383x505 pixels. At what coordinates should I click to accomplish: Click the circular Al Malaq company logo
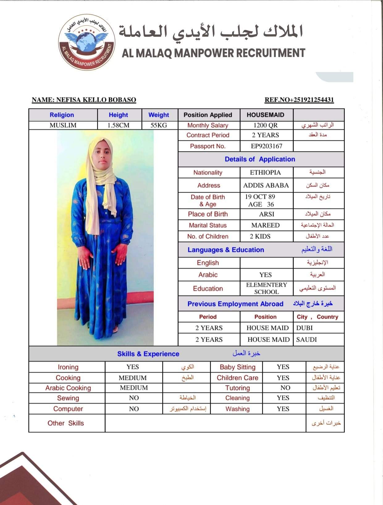(87, 42)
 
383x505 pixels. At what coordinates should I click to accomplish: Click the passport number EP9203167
(266, 146)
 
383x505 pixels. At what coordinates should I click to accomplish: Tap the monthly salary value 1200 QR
(265, 125)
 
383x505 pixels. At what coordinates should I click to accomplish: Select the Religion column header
(62, 115)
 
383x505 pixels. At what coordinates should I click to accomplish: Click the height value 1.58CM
(118, 125)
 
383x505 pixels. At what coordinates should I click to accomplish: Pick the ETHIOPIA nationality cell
(265, 172)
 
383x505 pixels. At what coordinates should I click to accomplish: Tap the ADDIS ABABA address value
(266, 185)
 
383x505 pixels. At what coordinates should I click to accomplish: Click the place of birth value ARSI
(267, 214)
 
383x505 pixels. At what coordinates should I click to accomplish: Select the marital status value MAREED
(265, 225)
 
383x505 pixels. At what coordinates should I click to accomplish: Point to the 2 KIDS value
(260, 236)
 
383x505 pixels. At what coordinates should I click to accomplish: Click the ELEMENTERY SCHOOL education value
(267, 288)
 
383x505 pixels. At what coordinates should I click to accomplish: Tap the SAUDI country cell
(306, 340)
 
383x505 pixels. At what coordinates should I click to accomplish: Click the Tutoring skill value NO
(285, 388)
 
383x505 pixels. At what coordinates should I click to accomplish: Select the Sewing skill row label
(68, 398)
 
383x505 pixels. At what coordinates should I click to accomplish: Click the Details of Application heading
(260, 159)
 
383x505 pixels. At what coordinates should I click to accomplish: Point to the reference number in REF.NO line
(312, 100)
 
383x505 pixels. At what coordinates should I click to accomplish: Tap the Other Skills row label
(65, 423)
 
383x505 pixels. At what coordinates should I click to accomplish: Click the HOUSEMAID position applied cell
(265, 115)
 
